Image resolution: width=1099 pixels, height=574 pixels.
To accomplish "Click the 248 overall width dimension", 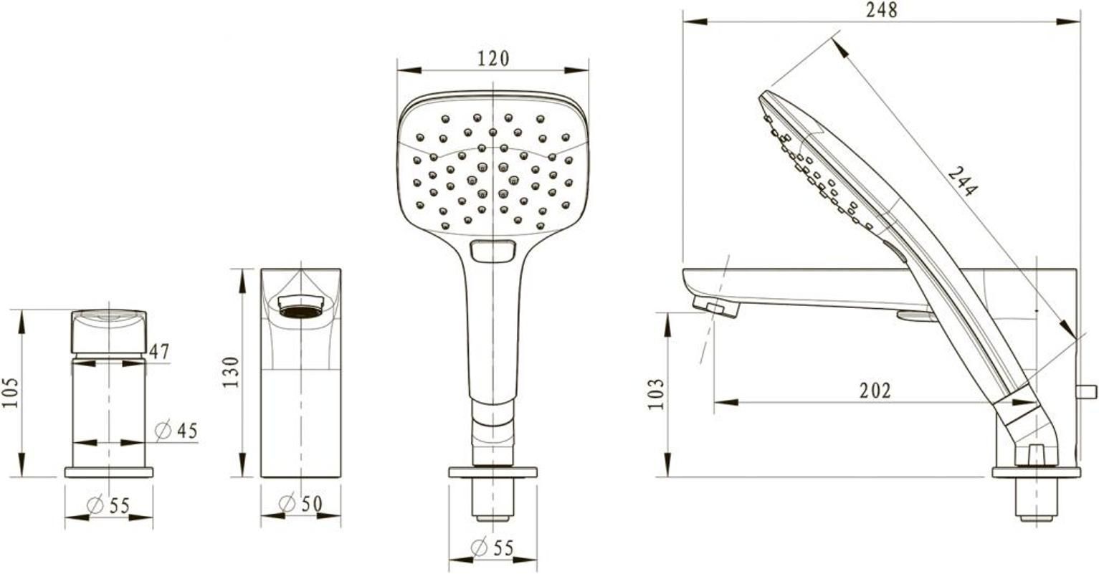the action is coord(882,10).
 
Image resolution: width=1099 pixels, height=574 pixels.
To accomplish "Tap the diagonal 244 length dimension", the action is coord(962,181).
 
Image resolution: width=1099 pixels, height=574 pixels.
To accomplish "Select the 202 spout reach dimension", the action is coord(875,391).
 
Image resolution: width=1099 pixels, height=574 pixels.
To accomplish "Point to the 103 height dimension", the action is coord(656,394).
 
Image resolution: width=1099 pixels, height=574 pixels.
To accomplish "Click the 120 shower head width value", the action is coord(493,59).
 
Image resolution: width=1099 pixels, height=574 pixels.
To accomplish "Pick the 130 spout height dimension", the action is coord(231,372).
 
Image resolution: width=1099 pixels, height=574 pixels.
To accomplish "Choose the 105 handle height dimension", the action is coord(10,393).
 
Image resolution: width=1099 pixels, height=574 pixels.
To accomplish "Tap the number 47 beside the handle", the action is coord(159,352).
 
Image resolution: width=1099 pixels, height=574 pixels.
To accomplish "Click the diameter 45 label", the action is coord(176,431).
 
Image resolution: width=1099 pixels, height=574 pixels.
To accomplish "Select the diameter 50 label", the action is coord(300,503).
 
